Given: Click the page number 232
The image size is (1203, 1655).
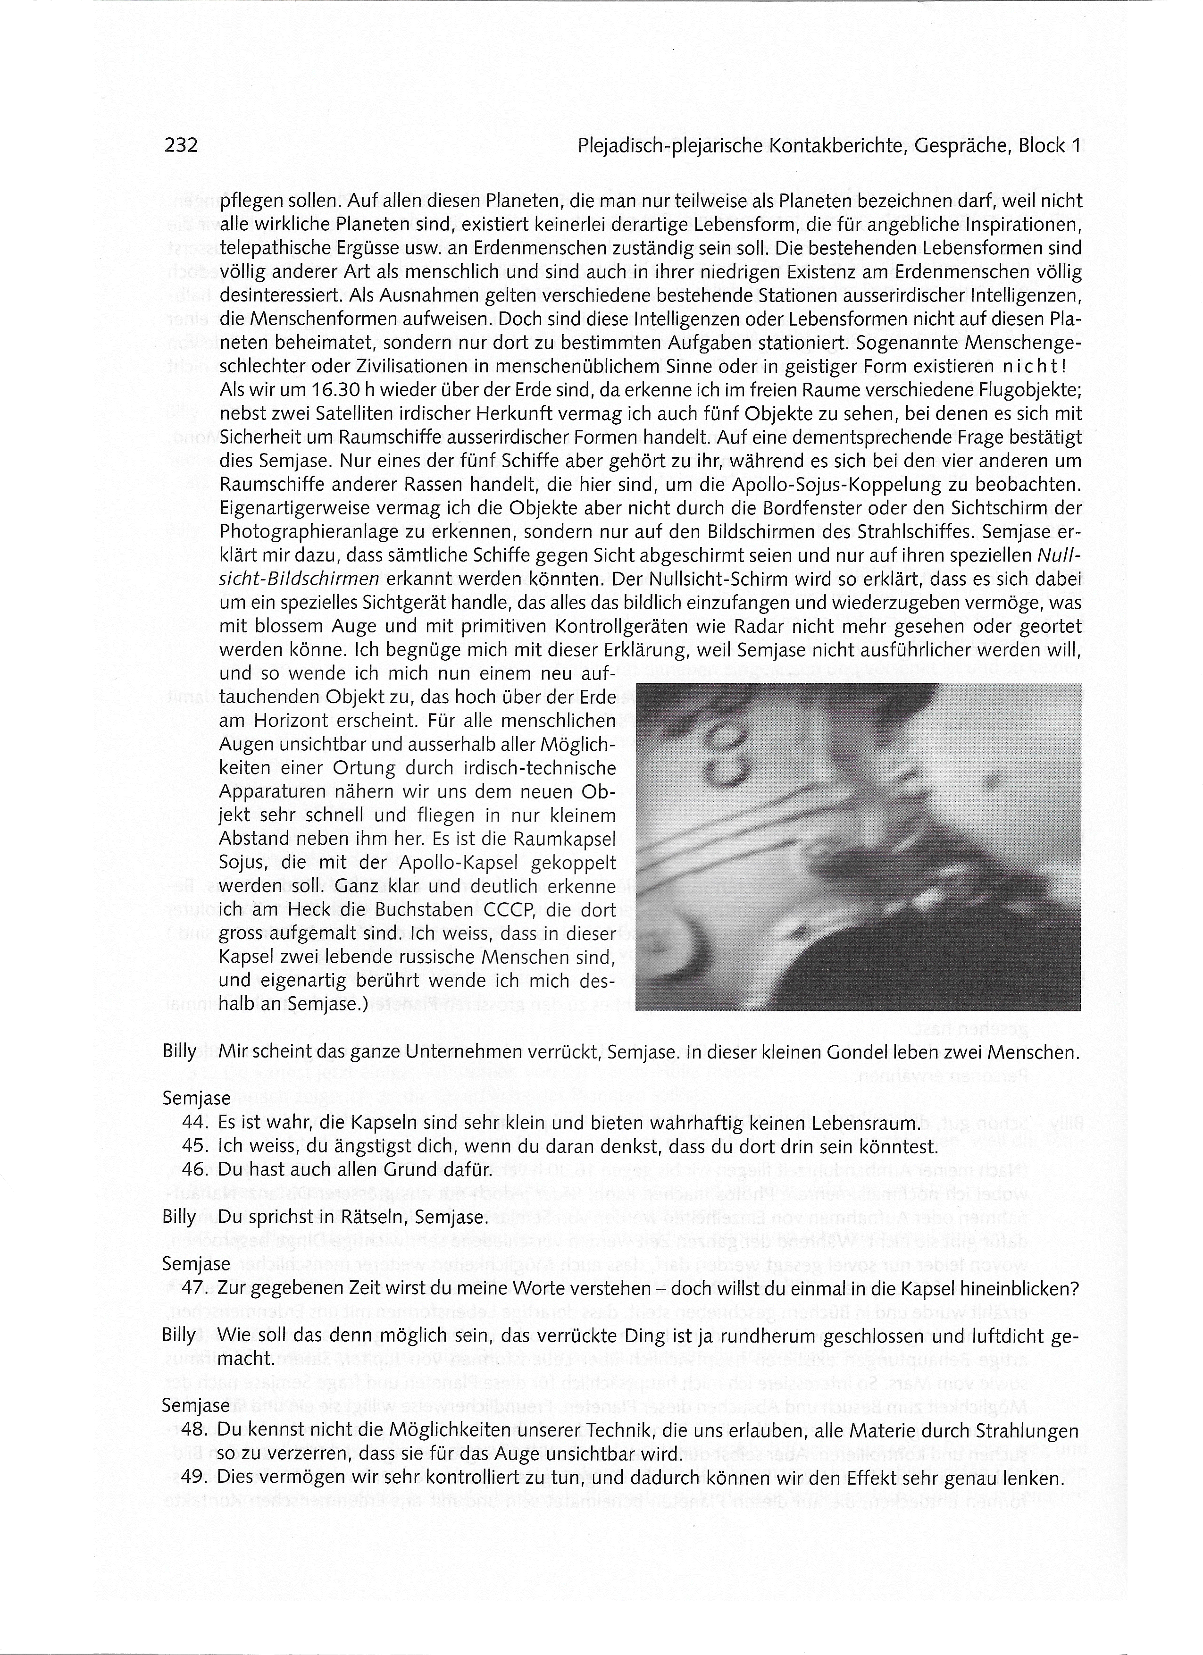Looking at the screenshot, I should [x=181, y=145].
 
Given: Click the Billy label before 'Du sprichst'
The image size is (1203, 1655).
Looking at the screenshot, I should [x=179, y=1217].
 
